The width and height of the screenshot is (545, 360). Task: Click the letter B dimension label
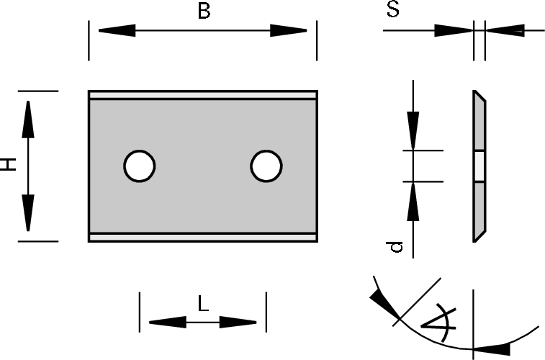tap(204, 11)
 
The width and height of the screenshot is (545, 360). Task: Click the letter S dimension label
tap(393, 9)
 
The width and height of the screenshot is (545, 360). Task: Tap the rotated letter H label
tap(9, 164)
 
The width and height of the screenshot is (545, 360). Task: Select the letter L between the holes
tap(203, 303)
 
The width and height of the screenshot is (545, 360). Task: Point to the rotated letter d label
tap(395, 247)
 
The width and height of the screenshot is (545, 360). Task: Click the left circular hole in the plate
tap(140, 166)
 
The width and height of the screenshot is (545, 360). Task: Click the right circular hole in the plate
tap(266, 166)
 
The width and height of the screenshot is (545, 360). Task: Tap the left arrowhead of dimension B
tap(117, 30)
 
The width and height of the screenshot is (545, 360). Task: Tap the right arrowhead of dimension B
tap(289, 30)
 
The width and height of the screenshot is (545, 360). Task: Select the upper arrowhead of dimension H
tap(28, 120)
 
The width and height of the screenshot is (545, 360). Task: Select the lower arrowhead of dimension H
tap(28, 212)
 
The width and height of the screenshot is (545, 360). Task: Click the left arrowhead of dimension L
tap(168, 322)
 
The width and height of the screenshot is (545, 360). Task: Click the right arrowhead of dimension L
tap(238, 322)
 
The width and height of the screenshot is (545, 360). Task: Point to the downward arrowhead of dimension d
tap(413, 130)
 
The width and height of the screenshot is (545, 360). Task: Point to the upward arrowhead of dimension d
tap(413, 202)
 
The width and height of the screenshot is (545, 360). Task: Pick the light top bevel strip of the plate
tap(203, 95)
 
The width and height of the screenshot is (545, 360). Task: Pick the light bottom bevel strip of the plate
tap(203, 238)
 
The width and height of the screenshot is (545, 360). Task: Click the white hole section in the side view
tap(479, 166)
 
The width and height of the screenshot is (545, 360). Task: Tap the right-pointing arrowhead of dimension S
tap(454, 30)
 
